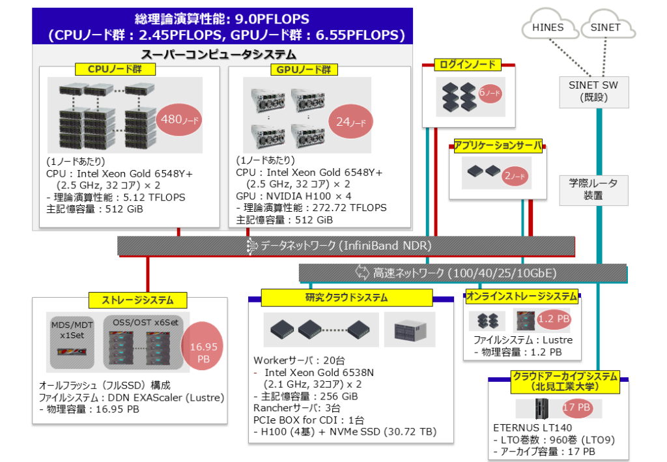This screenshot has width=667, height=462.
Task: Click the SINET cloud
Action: (x=605, y=28)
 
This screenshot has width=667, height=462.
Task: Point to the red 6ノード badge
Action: (x=489, y=94)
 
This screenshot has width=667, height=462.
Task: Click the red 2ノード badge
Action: (x=515, y=175)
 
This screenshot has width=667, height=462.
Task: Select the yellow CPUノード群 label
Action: (x=115, y=68)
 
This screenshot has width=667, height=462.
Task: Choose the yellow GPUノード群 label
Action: (x=300, y=69)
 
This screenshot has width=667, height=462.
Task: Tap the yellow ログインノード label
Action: (x=468, y=64)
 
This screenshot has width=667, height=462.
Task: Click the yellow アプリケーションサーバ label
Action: (x=498, y=146)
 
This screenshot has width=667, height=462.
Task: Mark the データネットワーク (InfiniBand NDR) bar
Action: (x=346, y=246)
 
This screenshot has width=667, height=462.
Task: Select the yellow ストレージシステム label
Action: (x=138, y=300)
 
